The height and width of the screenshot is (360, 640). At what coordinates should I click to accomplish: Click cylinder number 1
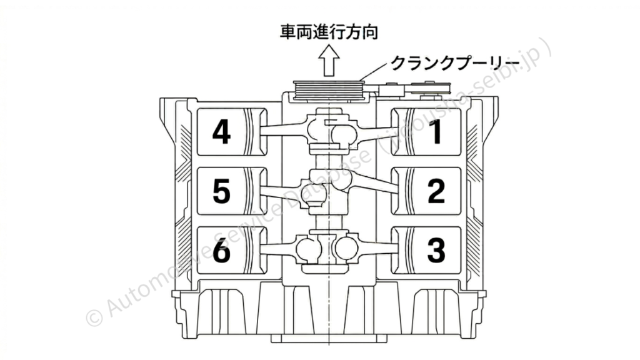tap(436, 132)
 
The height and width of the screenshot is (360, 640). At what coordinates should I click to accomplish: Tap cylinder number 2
tap(436, 191)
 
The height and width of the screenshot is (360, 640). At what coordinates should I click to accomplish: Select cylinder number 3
tap(436, 250)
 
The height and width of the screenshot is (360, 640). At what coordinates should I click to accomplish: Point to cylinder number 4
tap(222, 132)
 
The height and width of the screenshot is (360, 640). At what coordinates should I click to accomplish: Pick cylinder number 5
tap(222, 191)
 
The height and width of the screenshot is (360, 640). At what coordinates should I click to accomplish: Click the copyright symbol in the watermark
tap(92, 316)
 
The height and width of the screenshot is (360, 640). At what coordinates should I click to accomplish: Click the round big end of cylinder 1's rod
tap(344, 132)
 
